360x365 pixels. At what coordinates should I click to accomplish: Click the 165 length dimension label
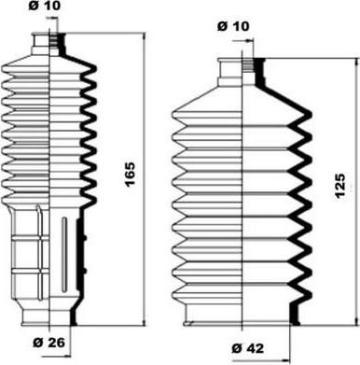[x=130, y=175]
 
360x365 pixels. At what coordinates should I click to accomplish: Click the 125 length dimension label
[x=340, y=186]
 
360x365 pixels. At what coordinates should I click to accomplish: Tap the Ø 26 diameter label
[x=49, y=343]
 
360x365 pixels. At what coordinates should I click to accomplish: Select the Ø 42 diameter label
[x=248, y=348]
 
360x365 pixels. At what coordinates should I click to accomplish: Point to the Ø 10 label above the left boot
[x=45, y=6]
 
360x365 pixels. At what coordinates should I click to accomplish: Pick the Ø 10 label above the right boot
[x=233, y=26]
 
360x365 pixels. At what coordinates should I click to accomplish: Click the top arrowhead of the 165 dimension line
[x=144, y=35]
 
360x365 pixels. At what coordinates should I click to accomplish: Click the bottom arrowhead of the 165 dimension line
[x=144, y=323]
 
